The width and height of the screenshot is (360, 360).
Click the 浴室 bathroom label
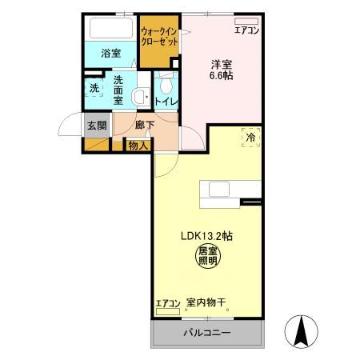(111, 54)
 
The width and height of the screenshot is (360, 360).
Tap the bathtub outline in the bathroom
(111, 28)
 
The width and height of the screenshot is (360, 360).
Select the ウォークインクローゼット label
(159, 37)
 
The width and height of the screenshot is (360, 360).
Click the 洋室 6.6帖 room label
(222, 70)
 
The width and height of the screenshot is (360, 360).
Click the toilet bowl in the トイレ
(166, 85)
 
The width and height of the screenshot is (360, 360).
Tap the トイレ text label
(166, 102)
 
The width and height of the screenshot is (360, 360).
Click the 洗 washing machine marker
(94, 88)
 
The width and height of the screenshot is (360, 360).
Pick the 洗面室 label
(118, 90)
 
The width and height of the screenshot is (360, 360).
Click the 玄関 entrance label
(97, 126)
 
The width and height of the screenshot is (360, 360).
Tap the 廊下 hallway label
(145, 126)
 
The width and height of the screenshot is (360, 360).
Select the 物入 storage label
(138, 146)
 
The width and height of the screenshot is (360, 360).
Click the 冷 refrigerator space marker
(250, 138)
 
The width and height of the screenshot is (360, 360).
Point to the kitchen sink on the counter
(219, 189)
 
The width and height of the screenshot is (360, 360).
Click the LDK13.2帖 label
(206, 236)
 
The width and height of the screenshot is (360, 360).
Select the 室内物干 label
(206, 302)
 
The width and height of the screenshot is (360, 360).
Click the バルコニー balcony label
(207, 333)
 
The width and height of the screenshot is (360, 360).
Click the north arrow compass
(302, 331)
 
